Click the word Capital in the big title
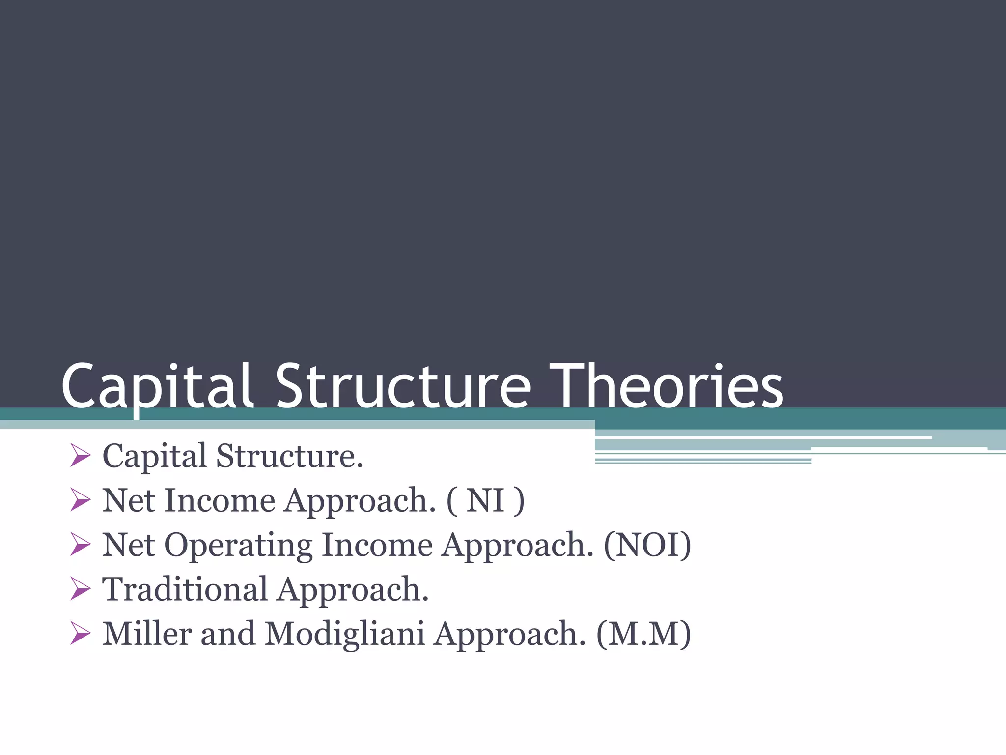157,386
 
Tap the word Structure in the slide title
403,386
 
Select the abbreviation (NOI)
647,545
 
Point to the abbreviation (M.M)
643,634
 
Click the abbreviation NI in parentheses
485,501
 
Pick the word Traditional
185,589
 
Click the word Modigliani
344,634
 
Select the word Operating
238,545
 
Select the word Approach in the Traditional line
352,589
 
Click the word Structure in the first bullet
289,456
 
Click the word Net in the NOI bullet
128,545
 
